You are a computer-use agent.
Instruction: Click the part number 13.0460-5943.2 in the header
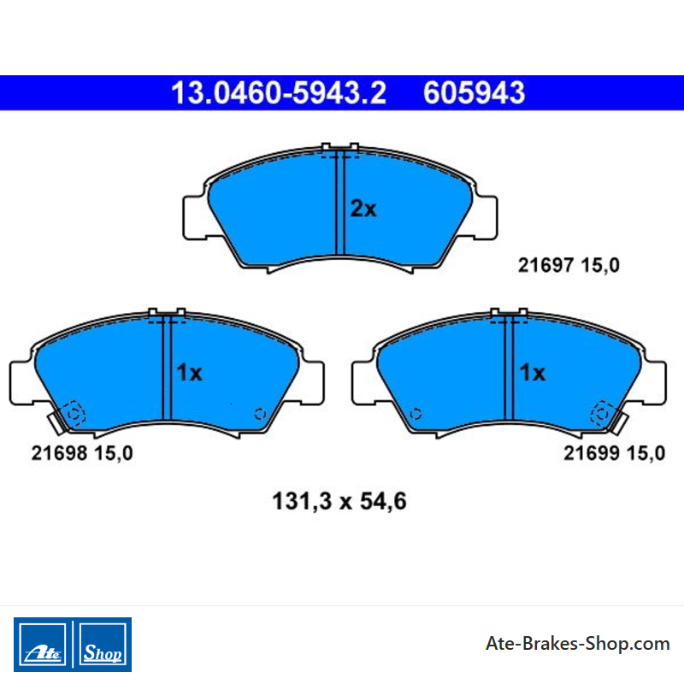(279, 93)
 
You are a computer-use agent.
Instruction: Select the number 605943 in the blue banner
(475, 93)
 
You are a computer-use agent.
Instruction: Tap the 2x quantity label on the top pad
(363, 209)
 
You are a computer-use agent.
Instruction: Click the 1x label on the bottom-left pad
(189, 373)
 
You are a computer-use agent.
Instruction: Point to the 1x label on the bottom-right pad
(532, 373)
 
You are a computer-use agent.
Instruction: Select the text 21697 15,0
(569, 265)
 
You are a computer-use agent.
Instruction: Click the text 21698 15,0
(82, 453)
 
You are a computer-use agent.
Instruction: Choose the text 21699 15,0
(615, 453)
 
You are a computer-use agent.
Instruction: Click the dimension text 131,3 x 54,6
(339, 501)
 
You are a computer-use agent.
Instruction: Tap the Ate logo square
(42, 645)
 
